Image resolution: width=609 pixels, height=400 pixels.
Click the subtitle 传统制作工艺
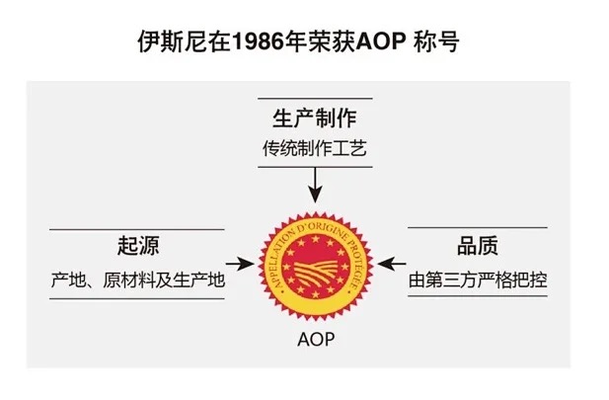point(314,150)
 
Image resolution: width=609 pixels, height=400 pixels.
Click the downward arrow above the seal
point(315,184)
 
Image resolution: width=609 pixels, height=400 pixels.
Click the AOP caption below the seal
point(315,341)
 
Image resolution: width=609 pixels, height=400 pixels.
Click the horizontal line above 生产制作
point(314,98)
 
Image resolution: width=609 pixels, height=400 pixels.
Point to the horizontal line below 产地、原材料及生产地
point(137,299)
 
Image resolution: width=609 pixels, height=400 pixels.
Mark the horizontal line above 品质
point(478,228)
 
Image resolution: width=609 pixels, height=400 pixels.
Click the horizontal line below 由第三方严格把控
point(478,299)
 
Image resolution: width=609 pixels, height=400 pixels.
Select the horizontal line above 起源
point(137,228)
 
